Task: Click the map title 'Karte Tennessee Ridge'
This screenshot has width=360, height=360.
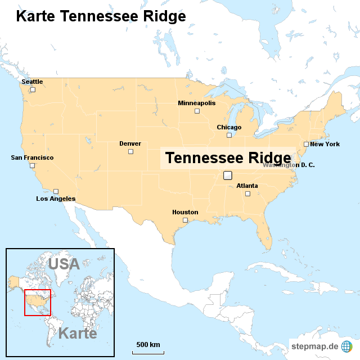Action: (x=101, y=16)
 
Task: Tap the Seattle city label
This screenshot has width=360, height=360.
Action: (x=32, y=82)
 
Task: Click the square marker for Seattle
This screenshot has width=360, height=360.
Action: (x=33, y=89)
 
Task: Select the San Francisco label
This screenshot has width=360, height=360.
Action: (x=32, y=157)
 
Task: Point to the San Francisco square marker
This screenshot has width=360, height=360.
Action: (x=32, y=165)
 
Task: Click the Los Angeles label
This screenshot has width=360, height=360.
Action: (x=56, y=199)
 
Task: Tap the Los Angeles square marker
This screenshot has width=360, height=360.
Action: (x=56, y=191)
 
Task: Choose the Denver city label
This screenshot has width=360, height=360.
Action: (x=130, y=143)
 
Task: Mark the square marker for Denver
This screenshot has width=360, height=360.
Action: (x=130, y=151)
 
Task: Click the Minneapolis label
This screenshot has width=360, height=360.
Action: (x=196, y=103)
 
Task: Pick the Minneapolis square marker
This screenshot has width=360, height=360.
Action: (x=197, y=111)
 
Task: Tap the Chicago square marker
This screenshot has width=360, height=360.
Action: (x=229, y=135)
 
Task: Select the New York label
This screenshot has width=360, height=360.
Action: (x=325, y=144)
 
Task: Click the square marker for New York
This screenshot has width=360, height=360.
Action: (x=306, y=144)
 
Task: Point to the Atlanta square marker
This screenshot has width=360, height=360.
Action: (x=247, y=193)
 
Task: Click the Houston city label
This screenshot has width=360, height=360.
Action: (x=185, y=212)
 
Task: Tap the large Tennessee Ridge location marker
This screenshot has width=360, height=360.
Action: (x=228, y=175)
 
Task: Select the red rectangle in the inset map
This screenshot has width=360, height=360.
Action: (x=38, y=303)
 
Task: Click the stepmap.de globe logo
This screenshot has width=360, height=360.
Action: (x=347, y=345)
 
